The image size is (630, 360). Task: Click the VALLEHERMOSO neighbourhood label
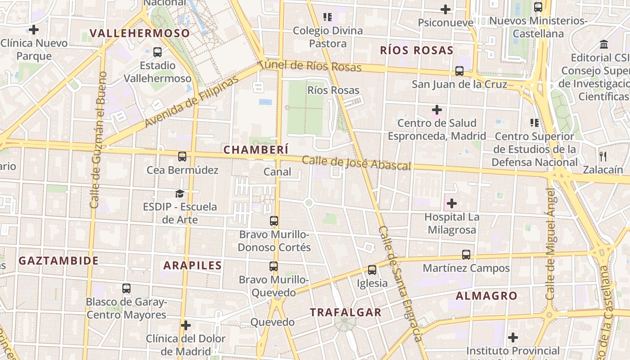point(139,33)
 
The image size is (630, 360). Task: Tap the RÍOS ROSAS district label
point(416,50)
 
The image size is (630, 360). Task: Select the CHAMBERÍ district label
point(256,150)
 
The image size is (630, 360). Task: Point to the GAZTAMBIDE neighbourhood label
point(58,261)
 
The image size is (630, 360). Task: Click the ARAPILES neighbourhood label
point(193,265)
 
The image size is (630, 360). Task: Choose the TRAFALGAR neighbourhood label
point(346,312)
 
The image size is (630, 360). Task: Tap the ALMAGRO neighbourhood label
point(486,296)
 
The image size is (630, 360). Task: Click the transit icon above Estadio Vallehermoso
point(157,52)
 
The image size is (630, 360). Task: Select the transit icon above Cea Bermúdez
point(182,157)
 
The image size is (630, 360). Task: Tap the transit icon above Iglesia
point(372,270)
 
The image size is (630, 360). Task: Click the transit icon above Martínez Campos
point(466,255)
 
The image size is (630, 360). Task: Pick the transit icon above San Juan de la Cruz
point(459,71)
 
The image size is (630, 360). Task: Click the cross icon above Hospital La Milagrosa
point(452,203)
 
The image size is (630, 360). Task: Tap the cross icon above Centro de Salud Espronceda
point(437,109)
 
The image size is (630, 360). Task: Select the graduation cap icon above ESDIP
point(180,193)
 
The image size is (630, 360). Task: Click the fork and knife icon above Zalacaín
point(603,157)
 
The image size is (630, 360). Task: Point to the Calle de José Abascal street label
point(356,163)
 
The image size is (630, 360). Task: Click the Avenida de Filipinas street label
point(192,102)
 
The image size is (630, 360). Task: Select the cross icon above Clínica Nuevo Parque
point(34,30)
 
